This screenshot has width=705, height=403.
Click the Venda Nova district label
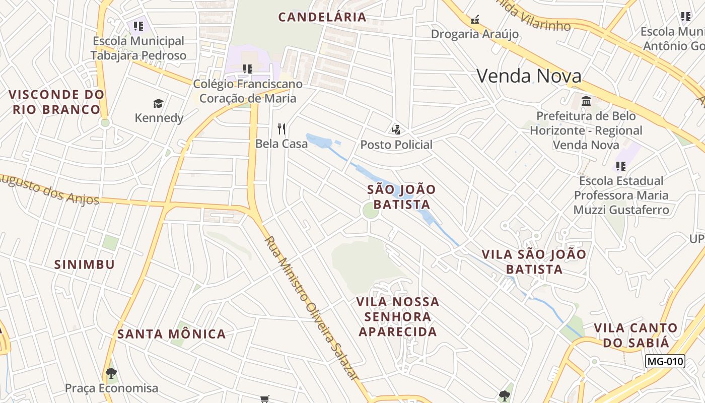[x=529, y=76]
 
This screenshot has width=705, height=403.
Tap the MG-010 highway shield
[x=665, y=361]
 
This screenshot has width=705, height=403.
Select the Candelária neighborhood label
[x=322, y=17]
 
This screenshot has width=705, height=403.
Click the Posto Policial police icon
[x=396, y=129]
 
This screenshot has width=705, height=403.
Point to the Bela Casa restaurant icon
[x=281, y=129]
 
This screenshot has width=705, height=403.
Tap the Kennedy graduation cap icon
[x=159, y=103]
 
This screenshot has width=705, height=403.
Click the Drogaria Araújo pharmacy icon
[x=474, y=20]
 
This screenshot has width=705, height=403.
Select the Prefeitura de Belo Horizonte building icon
[x=586, y=101]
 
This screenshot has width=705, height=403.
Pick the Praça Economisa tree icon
[x=111, y=374]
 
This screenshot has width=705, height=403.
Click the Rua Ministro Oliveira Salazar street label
[x=312, y=308]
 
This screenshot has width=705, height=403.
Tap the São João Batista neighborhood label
[x=402, y=197]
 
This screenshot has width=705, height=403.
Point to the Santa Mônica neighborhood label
[x=172, y=334]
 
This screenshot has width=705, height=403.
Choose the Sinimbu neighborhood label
[x=85, y=264]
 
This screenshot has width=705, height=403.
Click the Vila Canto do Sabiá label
[x=635, y=335]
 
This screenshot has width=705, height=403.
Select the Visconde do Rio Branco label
[x=56, y=102]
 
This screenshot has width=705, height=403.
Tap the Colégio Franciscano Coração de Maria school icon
[x=247, y=69]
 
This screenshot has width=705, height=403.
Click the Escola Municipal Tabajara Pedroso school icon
[x=138, y=26]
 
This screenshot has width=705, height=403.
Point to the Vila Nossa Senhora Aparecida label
[x=398, y=317]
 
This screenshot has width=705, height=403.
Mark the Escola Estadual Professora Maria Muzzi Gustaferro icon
[x=621, y=166]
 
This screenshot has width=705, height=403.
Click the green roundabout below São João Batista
[x=371, y=211]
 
